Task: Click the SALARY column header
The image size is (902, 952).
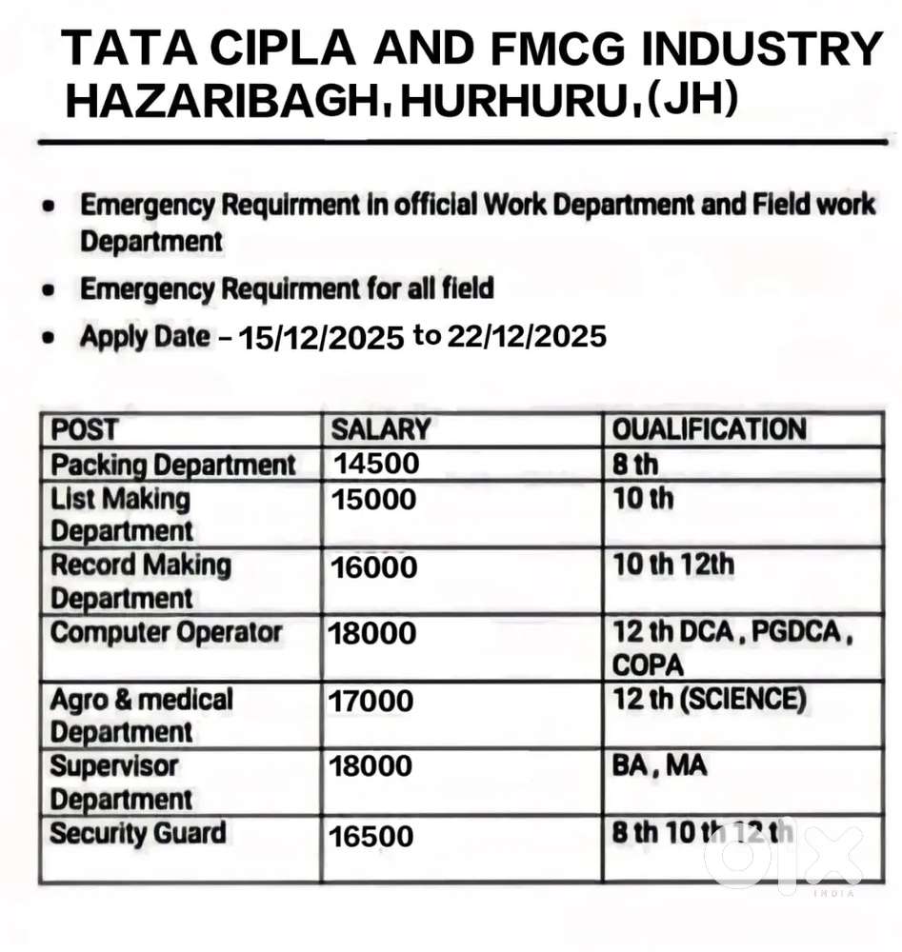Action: tap(380, 430)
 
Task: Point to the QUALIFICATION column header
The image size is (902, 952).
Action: tap(709, 430)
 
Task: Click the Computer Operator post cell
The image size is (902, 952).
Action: tap(166, 633)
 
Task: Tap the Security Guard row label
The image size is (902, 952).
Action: tap(138, 834)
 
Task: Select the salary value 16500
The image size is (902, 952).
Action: tap(371, 837)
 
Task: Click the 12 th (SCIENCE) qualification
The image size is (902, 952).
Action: tap(709, 700)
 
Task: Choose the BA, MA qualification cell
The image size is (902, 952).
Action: tap(659, 765)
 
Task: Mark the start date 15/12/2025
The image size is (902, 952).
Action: tap(321, 339)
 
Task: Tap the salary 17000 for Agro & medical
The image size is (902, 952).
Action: tap(371, 702)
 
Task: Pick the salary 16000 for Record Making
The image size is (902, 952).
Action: tap(374, 567)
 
